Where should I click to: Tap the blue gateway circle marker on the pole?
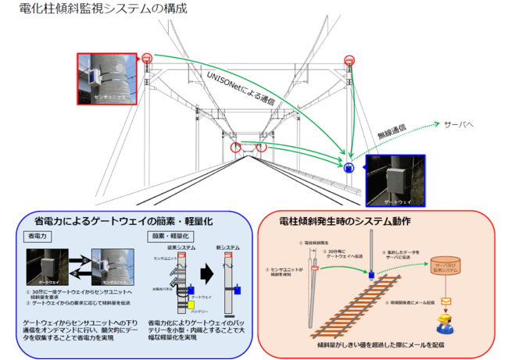point(349,167)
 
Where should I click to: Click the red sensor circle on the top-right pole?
point(349,61)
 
